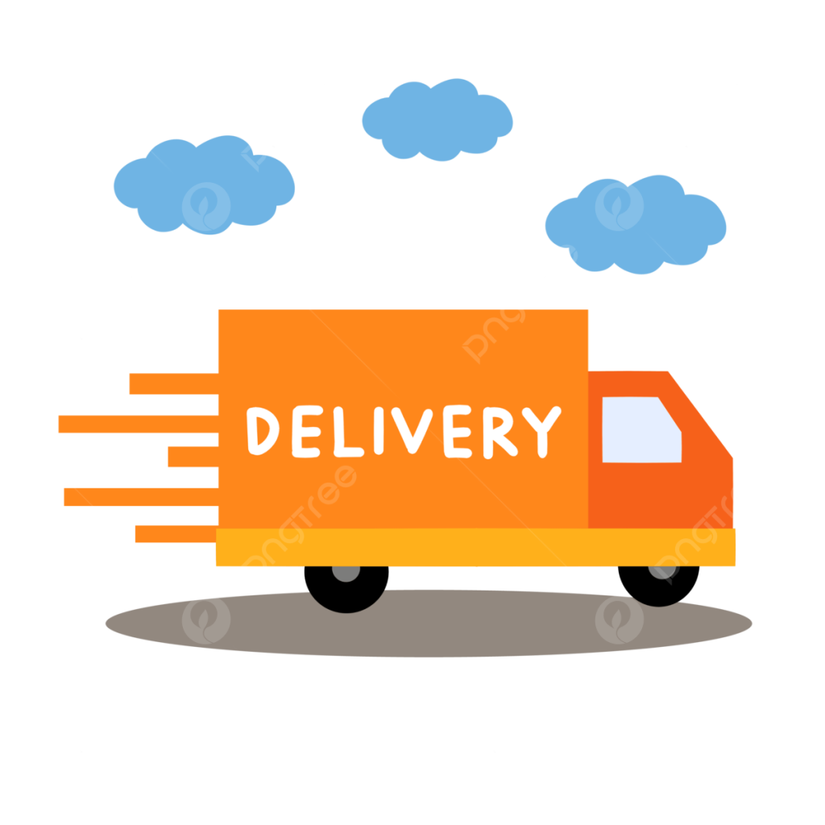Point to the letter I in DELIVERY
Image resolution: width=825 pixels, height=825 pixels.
point(379,430)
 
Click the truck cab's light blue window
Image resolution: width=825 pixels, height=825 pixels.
point(640,430)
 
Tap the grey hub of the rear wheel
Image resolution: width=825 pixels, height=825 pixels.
point(346,574)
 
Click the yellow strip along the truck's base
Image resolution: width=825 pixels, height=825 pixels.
point(475,547)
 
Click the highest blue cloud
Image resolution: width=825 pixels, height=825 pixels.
point(437,120)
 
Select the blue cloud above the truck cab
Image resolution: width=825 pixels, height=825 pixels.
point(636,226)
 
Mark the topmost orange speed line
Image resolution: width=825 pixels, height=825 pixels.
point(174,383)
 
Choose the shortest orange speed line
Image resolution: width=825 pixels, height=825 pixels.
point(193,456)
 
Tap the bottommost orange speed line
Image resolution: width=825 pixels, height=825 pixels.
point(176,533)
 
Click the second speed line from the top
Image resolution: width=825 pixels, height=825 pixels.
point(139,424)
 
